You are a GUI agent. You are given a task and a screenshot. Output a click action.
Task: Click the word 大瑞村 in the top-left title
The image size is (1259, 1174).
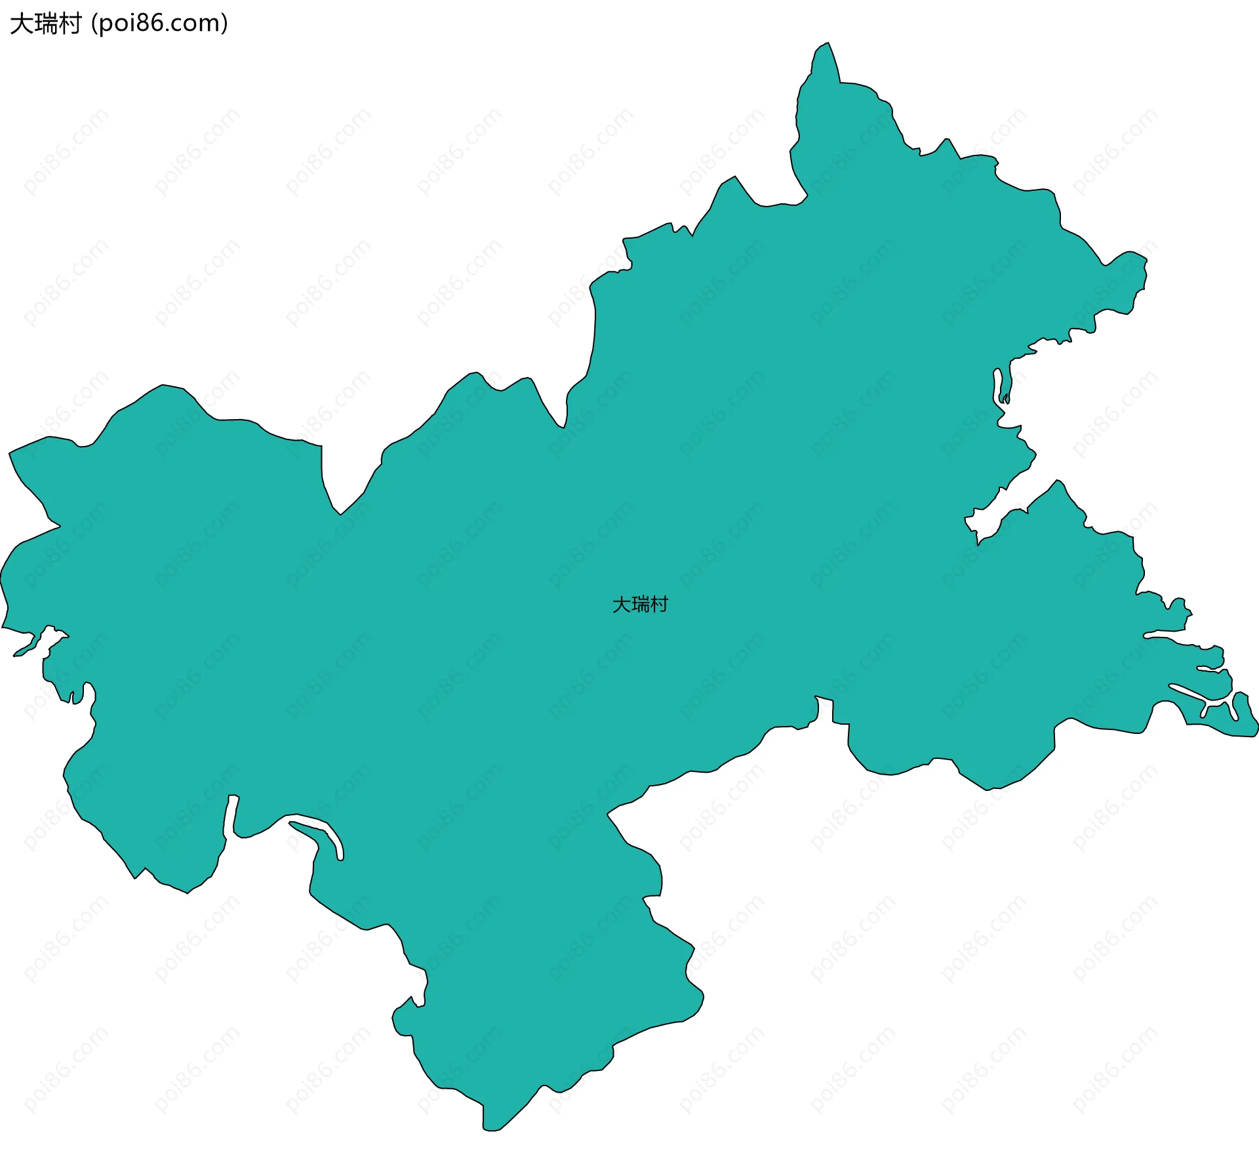point(45,24)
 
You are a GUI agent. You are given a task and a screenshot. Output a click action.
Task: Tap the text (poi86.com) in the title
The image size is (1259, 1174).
point(159,24)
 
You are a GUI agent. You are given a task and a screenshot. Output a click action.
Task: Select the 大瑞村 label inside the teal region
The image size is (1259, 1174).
point(640,604)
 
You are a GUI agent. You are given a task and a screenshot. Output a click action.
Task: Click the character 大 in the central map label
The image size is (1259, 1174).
point(621,604)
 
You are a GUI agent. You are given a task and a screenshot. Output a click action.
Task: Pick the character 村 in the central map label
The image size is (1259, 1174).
point(659,604)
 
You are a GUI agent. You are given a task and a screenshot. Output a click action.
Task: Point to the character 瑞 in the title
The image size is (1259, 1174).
point(45,24)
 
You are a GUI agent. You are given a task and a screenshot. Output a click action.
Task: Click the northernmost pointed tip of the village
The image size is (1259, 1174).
point(828,44)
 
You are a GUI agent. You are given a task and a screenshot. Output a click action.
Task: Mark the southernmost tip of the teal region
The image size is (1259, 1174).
point(490,1130)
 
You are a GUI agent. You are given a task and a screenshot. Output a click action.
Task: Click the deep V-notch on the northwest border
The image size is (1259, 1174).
point(339,512)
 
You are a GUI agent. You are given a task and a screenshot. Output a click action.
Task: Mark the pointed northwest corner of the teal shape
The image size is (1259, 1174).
point(10,453)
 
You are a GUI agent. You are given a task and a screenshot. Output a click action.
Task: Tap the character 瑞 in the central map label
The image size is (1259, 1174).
point(640,604)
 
